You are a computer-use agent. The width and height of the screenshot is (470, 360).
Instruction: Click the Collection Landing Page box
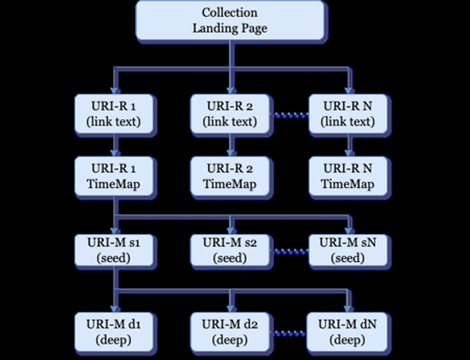230,20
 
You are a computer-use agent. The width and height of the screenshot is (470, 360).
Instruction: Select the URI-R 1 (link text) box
116,115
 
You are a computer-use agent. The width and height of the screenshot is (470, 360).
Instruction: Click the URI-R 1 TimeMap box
116,176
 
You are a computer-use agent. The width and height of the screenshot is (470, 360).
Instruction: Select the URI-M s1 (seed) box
116,250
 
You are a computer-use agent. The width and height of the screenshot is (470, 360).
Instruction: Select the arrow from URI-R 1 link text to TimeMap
116,145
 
